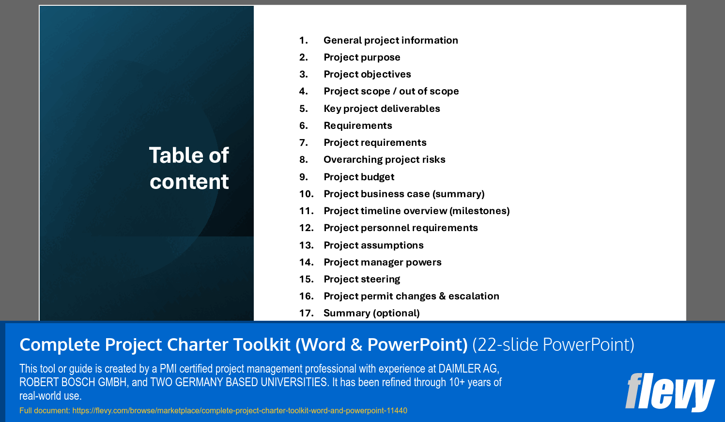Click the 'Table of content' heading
[189, 168]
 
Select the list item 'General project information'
[390, 40]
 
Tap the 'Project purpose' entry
[362, 57]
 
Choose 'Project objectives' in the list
[367, 74]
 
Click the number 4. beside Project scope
[304, 91]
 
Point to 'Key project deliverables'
[382, 109]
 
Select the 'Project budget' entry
[359, 177]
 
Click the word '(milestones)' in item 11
[479, 211]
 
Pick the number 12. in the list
[306, 228]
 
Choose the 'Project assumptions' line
[373, 245]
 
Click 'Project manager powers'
[383, 262]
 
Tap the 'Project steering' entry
[362, 279]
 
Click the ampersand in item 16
[442, 296]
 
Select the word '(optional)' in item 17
[396, 313]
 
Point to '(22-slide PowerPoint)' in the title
[553, 344]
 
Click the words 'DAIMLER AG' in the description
[468, 369]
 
